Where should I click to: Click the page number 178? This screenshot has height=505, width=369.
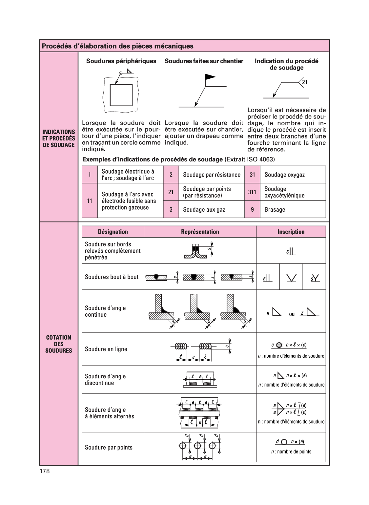45,471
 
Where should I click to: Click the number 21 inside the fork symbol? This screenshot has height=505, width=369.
304,82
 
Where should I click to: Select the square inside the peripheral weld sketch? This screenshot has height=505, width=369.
121,95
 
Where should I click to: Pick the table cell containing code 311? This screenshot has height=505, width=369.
252,192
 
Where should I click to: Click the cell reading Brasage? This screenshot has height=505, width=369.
293,209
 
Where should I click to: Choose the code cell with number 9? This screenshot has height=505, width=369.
252,209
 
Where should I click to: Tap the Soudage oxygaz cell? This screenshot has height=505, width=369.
293,175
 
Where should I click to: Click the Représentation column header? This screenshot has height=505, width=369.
200,232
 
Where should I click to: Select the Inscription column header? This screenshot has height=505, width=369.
291,232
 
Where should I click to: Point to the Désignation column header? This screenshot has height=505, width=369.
113,232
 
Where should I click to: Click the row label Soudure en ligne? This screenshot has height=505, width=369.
106,349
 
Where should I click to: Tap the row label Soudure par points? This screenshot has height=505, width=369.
109,447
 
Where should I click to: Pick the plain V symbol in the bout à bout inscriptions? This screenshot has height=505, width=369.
291,278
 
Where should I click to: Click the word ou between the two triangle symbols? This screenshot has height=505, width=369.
292,314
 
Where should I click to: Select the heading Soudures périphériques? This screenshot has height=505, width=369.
121,61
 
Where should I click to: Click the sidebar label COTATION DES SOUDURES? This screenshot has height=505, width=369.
59,344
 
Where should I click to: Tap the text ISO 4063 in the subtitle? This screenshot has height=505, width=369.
260,159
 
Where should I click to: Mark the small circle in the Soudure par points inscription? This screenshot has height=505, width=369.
284,442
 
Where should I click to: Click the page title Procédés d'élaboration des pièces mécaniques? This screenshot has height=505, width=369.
118,46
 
